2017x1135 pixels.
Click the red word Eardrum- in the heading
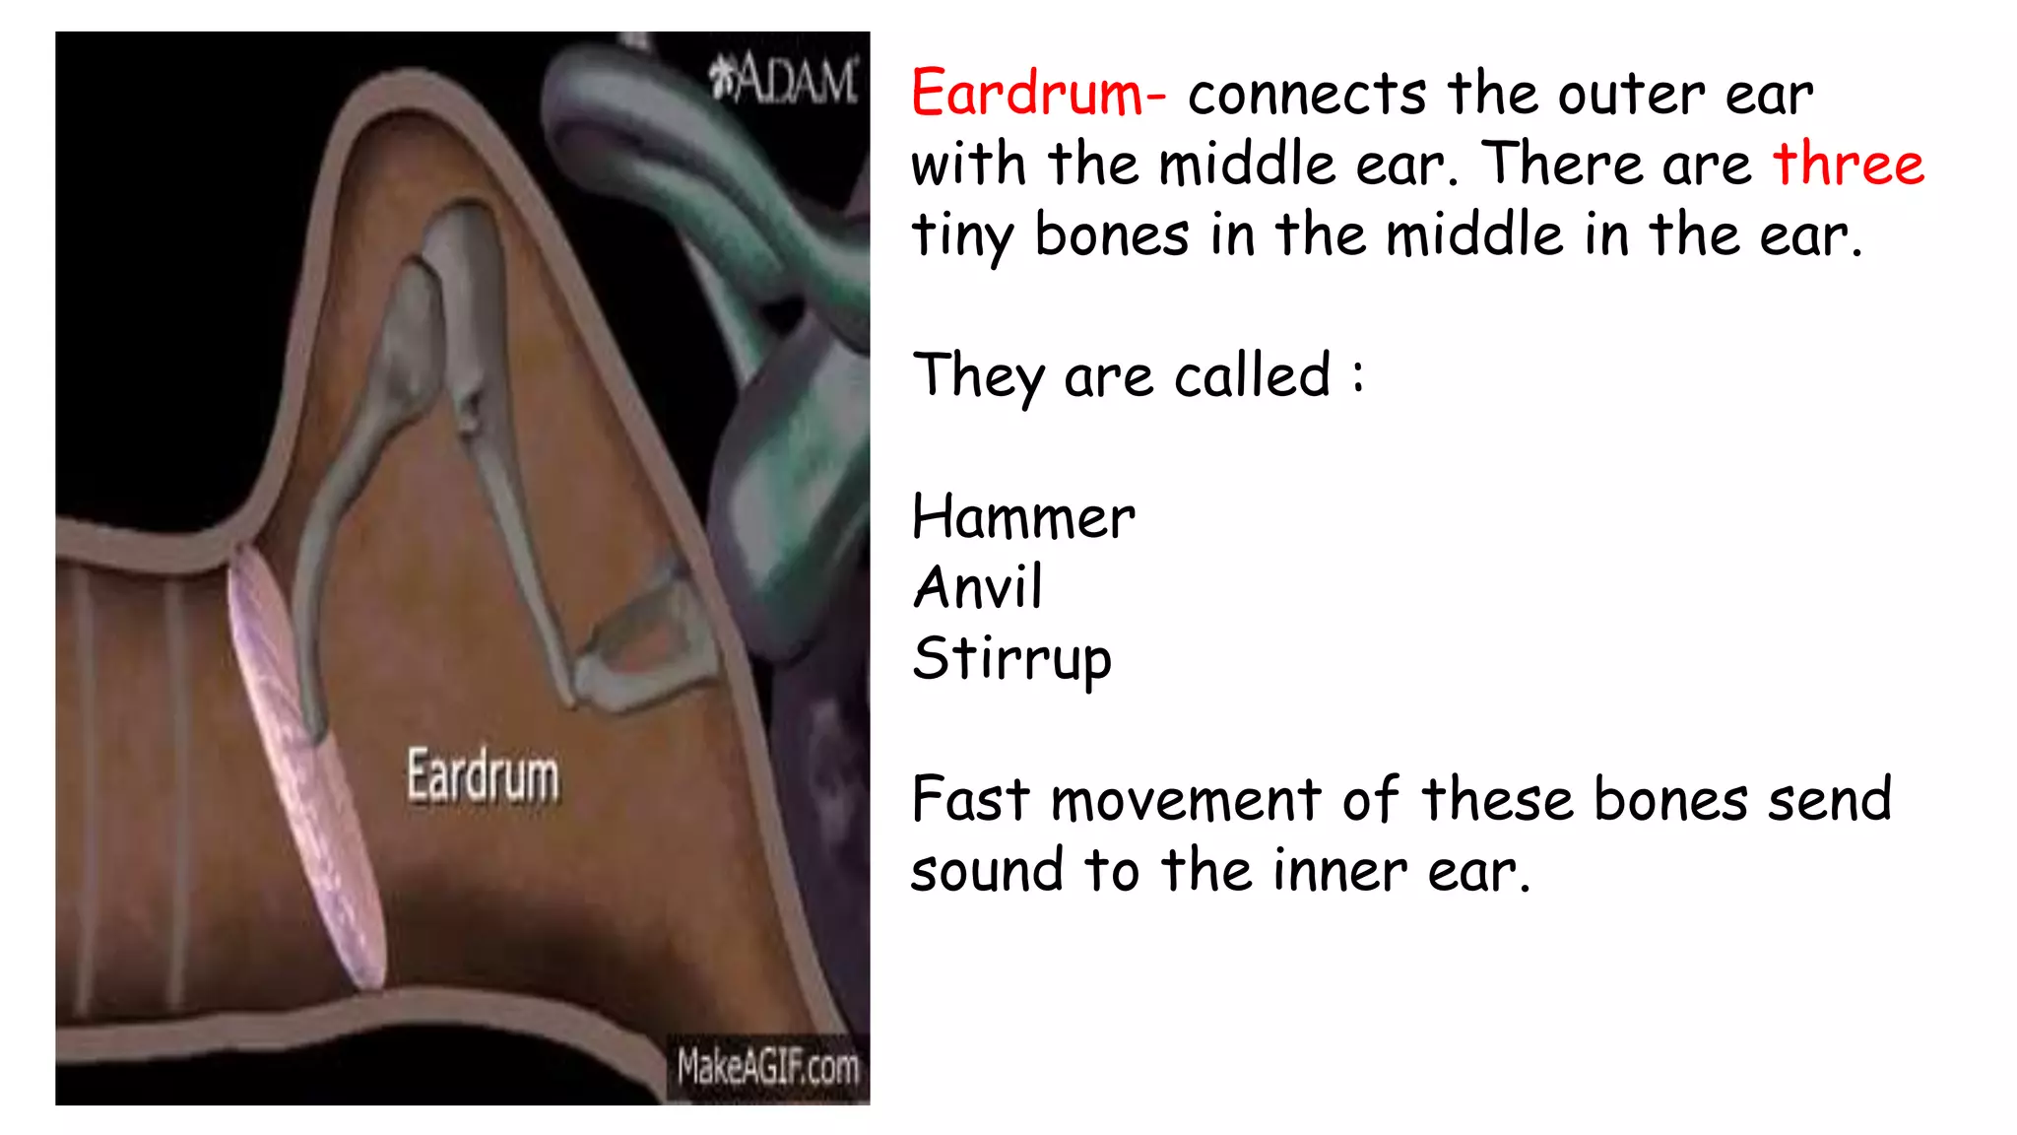pyautogui.click(x=1038, y=94)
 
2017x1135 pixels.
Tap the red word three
pyautogui.click(x=1848, y=164)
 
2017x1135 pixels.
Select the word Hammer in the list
pyautogui.click(x=1023, y=517)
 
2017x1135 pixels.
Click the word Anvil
pyautogui.click(x=978, y=588)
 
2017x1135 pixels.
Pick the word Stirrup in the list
pyautogui.click(x=1011, y=660)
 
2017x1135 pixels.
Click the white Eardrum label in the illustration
pyautogui.click(x=483, y=776)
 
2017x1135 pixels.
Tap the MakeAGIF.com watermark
pyautogui.click(x=767, y=1066)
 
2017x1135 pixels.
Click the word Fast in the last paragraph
pyautogui.click(x=970, y=799)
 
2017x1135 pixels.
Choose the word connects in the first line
pyautogui.click(x=1307, y=95)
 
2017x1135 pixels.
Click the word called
pyautogui.click(x=1252, y=375)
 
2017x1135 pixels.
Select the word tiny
pyautogui.click(x=961, y=236)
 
